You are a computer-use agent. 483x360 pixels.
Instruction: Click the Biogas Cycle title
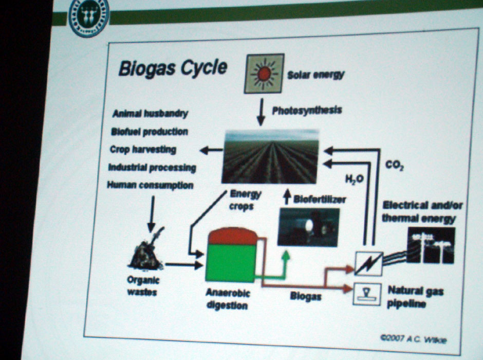point(173,68)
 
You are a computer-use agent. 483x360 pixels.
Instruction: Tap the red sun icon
point(264,74)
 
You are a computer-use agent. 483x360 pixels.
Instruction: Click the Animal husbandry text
point(151,114)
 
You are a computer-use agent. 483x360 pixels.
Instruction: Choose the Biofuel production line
point(150,132)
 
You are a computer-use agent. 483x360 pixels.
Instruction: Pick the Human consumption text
point(151,185)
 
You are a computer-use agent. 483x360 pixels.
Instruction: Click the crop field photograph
point(270,157)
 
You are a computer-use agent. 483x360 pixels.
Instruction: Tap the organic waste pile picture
point(146,250)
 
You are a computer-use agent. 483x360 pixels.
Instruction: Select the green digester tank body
point(231,263)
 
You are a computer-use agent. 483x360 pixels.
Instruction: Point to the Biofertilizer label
point(320,200)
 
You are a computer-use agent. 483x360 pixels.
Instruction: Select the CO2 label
point(394,166)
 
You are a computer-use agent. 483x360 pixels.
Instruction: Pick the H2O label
point(354,179)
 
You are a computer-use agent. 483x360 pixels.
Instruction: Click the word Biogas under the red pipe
point(306,297)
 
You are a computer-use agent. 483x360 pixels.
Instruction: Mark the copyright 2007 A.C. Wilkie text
point(414,339)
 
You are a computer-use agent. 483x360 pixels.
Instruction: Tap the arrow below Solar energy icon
point(261,112)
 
